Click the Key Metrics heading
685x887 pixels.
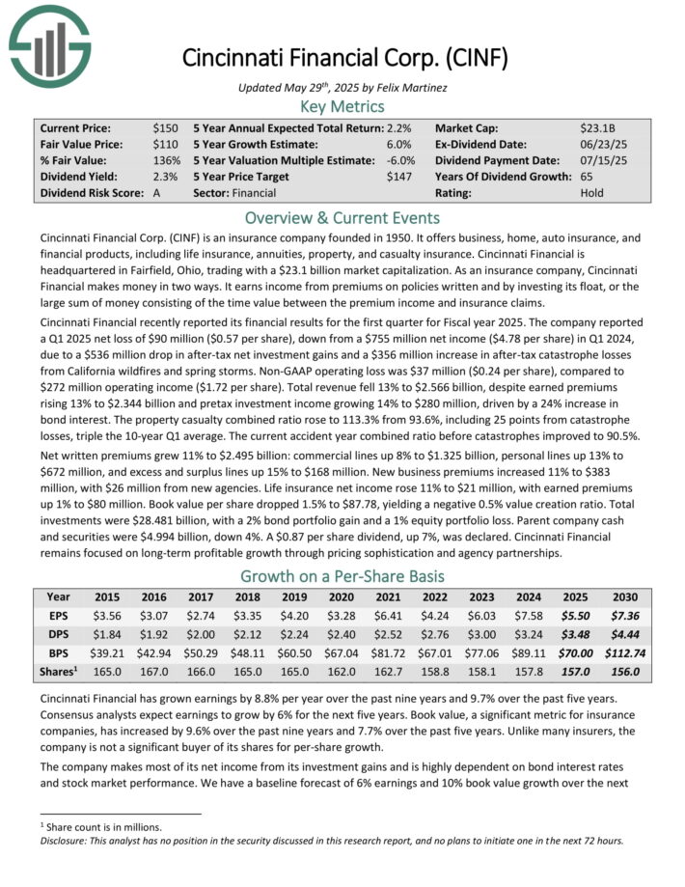point(342,106)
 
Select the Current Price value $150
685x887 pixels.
point(165,127)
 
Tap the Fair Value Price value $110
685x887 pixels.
point(165,144)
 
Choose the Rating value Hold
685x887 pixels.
point(592,193)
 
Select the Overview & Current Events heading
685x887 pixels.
point(342,217)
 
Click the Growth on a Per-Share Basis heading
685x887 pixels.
point(342,576)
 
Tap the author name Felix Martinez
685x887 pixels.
point(404,88)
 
